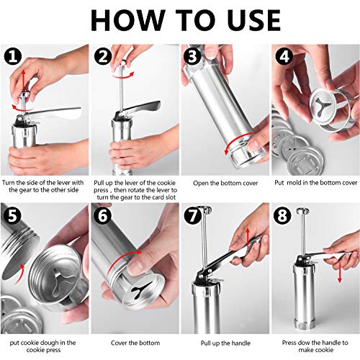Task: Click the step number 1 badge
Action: coord(13,56)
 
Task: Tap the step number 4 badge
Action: coord(284,56)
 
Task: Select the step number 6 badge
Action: coord(103,215)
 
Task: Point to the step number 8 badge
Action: coord(282,215)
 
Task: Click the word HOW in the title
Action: coord(128,20)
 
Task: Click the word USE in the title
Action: coord(254,20)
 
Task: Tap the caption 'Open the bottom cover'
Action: coord(225,183)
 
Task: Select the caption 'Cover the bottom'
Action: coord(135,343)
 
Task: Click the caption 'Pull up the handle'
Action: coord(225,343)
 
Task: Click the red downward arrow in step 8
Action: coord(339,272)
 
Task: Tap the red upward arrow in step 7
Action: coord(248,238)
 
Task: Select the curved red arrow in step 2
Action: coord(124,76)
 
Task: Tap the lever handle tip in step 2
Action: coord(157,104)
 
